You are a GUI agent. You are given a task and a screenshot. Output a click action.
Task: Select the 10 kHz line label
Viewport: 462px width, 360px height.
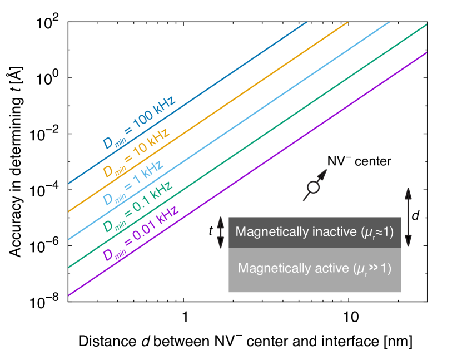click(x=136, y=153)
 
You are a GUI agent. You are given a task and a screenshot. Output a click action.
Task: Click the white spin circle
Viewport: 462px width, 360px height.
click(x=313, y=187)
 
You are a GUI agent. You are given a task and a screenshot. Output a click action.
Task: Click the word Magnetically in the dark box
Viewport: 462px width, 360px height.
click(x=267, y=231)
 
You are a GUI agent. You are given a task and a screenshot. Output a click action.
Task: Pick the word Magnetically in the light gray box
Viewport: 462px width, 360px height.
click(x=270, y=268)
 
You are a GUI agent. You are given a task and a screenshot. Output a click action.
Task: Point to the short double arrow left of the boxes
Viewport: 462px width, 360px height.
click(x=221, y=233)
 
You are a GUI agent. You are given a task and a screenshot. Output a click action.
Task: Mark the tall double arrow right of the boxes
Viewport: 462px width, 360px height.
click(x=408, y=217)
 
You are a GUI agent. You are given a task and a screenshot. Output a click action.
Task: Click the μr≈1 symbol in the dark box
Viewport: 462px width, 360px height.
click(x=377, y=231)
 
